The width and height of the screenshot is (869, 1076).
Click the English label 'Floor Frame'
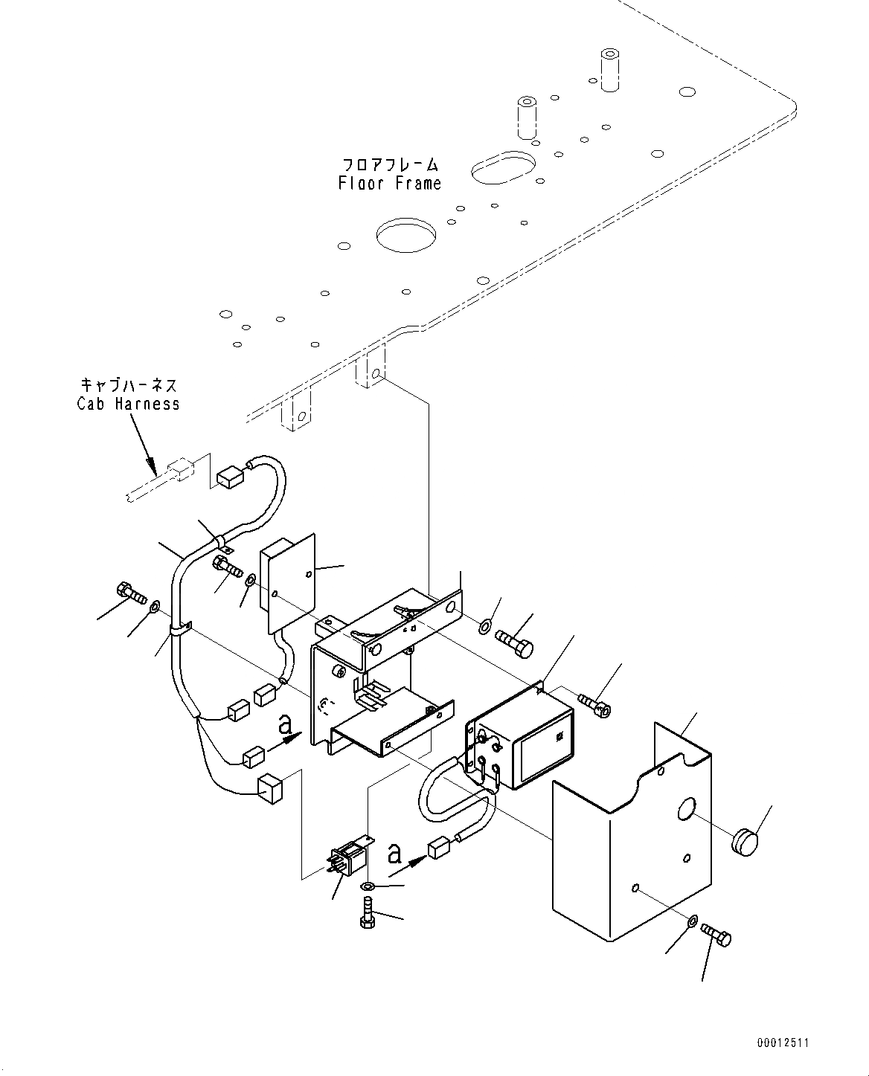click(x=390, y=183)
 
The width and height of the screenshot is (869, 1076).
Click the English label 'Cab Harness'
click(x=128, y=404)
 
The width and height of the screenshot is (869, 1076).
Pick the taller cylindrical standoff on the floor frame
click(x=609, y=71)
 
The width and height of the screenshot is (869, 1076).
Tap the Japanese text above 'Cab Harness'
click(x=128, y=385)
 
